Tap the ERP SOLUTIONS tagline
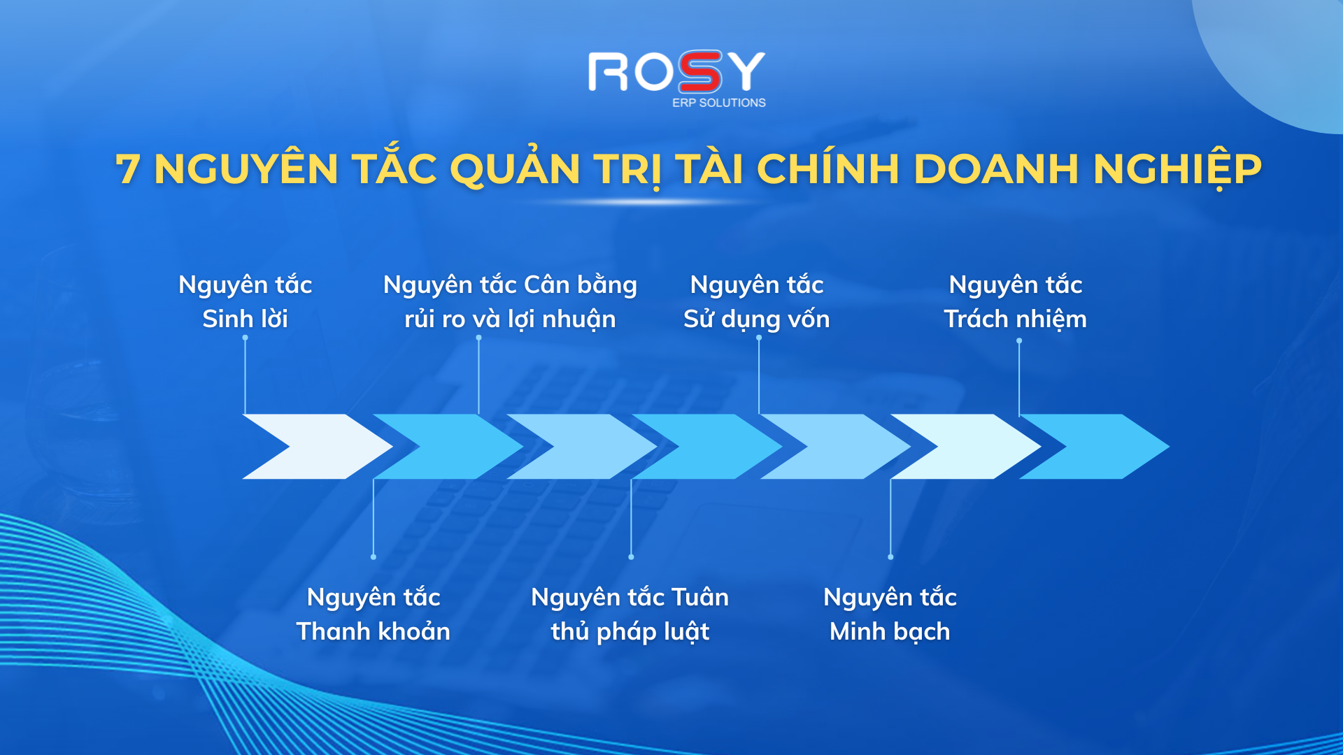719,103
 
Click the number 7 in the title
128,169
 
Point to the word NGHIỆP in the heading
1177,169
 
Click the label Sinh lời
245,319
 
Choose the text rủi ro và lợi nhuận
510,319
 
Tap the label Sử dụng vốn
756,319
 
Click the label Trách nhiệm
1015,319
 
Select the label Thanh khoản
373,631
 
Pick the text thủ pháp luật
630,632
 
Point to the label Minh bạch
890,632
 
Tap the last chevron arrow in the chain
1095,447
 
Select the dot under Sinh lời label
245,338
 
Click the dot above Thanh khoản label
374,557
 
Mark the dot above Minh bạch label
890,557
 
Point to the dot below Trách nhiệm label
1019,340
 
